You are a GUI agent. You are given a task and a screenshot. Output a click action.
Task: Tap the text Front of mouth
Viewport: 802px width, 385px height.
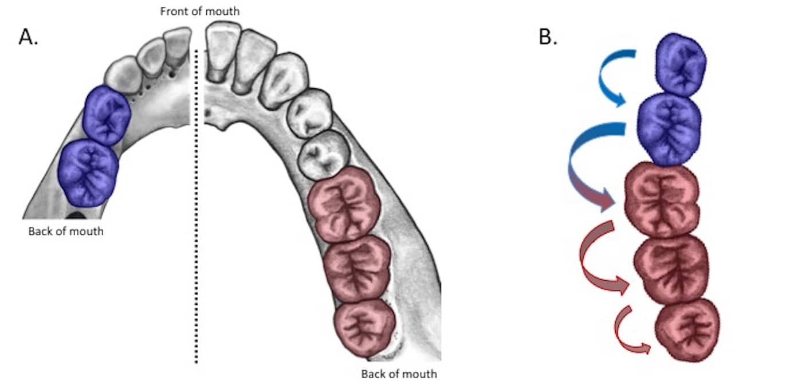point(200,11)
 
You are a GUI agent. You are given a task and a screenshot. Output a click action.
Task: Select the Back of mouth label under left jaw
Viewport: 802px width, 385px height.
point(66,231)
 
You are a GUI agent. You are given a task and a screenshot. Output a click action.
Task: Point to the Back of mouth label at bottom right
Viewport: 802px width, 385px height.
point(399,374)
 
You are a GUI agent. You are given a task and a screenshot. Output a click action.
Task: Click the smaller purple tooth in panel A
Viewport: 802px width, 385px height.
point(107,116)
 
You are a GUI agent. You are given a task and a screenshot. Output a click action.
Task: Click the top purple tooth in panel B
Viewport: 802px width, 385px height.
point(681,64)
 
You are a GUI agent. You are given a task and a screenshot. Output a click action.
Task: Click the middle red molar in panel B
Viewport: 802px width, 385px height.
point(670,266)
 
